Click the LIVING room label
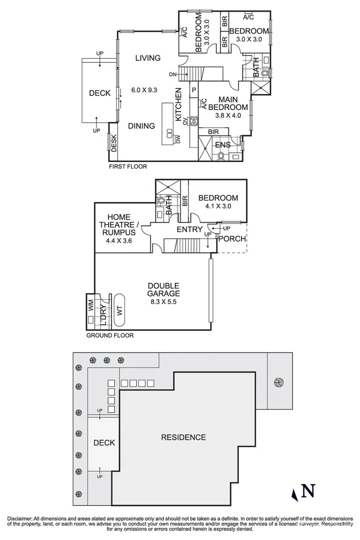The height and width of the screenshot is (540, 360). point(148,58)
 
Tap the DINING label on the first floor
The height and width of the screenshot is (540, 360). point(142,126)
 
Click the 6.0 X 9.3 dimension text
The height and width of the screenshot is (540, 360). point(144,90)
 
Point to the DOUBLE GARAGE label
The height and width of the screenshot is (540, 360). point(163,289)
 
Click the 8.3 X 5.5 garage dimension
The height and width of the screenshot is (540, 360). point(163,301)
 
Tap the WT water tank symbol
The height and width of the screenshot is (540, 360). point(120,310)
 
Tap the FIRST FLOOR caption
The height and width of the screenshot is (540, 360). point(128,166)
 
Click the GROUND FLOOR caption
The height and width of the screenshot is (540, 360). point(110,335)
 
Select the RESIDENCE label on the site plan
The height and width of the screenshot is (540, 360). point(183,438)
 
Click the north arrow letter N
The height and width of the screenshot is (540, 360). point(310,490)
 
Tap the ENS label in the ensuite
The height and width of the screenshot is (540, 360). point(223,145)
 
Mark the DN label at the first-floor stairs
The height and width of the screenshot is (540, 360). point(173,74)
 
